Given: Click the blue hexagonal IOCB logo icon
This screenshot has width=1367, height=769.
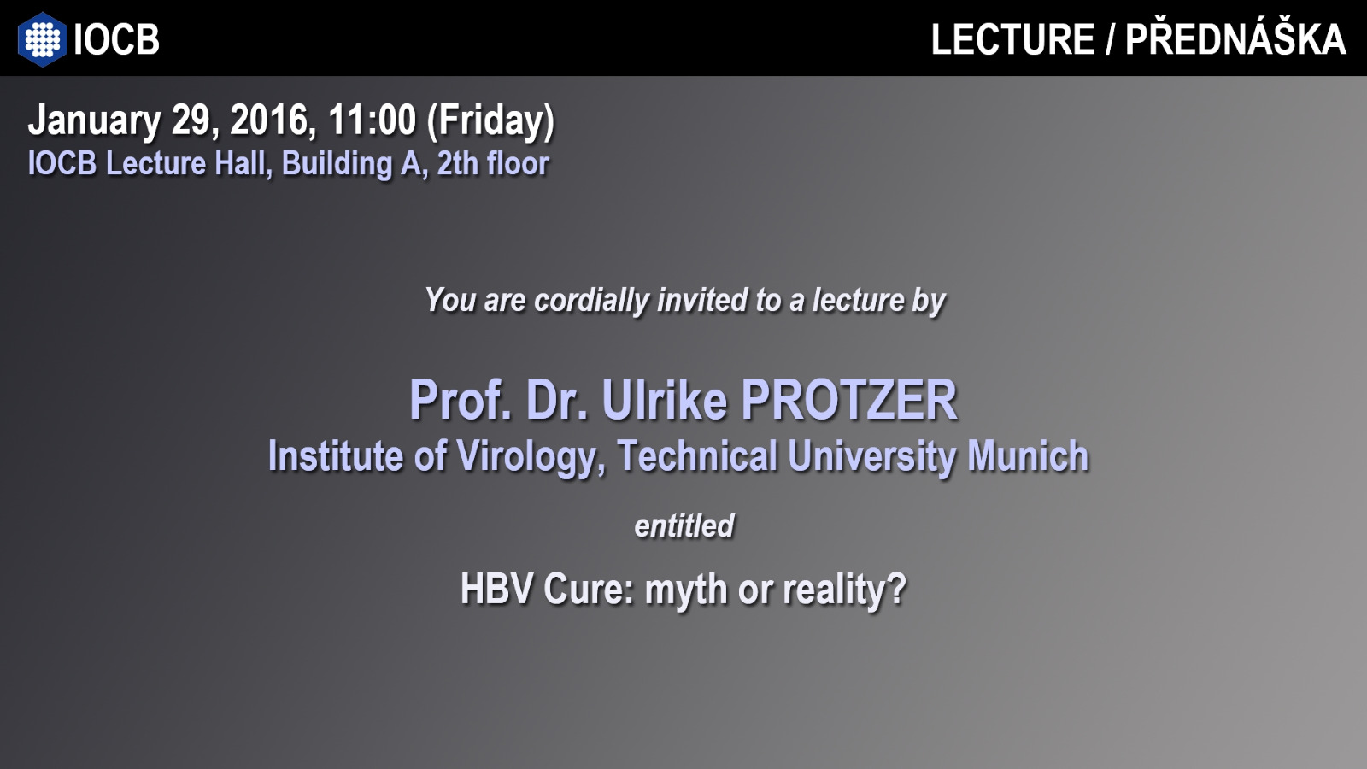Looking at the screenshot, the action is [42, 39].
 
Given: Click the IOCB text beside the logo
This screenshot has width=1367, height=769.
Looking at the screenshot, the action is [116, 39].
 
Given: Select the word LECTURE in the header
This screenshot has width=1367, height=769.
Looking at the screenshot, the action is [1012, 39].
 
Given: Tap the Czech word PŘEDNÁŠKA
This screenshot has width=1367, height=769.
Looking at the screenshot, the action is [1235, 37].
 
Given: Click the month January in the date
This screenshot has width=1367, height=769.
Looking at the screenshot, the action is [95, 120].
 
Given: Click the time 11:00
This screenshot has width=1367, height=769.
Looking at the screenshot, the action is [372, 120].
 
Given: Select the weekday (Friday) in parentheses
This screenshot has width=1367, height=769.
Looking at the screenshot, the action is [490, 122].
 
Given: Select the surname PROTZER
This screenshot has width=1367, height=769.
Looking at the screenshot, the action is [849, 401].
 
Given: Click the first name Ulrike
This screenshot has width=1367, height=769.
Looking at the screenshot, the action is [665, 401].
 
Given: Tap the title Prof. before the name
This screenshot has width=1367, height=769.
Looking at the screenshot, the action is [461, 401].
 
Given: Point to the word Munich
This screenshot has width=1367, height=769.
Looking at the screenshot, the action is [1028, 456].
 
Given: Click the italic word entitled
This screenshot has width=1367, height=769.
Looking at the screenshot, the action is [684, 526].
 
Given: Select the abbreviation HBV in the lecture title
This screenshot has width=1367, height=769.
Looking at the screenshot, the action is [496, 590].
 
